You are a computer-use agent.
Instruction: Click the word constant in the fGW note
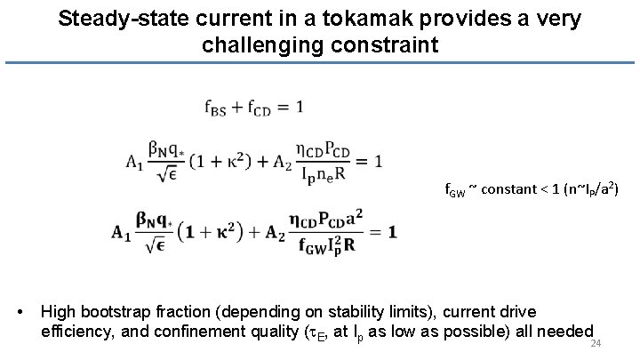(503, 189)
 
